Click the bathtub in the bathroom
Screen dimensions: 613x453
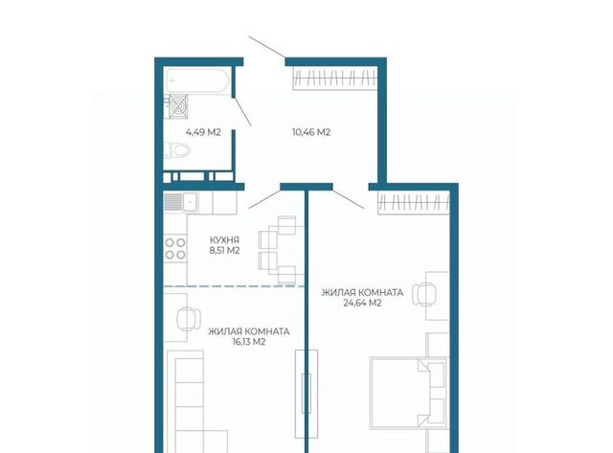point(197,80)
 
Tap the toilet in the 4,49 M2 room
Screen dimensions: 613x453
point(177,150)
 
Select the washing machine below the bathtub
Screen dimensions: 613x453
point(178,106)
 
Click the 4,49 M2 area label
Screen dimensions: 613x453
point(203,132)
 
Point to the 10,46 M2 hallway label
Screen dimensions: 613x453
point(311,132)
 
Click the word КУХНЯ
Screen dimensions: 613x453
point(224,240)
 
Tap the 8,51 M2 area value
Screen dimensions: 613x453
point(224,251)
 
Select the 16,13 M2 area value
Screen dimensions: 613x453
point(249,342)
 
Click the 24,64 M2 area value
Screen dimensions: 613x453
point(362,303)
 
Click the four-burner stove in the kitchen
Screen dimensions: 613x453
point(175,249)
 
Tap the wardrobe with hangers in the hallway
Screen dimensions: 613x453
point(335,79)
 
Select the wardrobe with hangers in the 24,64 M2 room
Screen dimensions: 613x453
point(414,203)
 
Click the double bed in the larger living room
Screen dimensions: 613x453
point(409,393)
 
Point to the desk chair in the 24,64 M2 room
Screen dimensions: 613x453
point(424,294)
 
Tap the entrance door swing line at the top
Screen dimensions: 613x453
point(267,47)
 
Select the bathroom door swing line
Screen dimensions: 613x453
point(242,112)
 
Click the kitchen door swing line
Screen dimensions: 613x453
point(264,199)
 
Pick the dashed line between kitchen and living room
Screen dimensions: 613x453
point(234,286)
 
